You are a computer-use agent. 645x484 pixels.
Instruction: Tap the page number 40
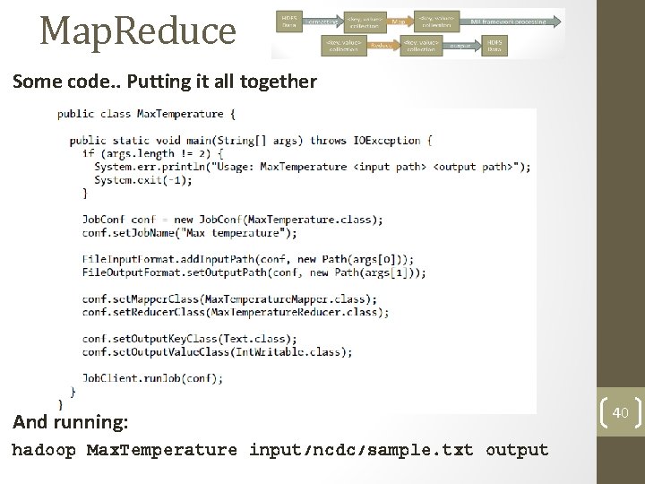point(621,412)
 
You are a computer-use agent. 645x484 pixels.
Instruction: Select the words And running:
point(70,421)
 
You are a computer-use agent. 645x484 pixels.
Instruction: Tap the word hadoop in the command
point(43,450)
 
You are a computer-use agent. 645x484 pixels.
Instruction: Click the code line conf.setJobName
point(189,233)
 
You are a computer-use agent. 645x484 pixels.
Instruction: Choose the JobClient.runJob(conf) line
point(152,377)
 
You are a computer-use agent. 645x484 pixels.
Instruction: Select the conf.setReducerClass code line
point(235,312)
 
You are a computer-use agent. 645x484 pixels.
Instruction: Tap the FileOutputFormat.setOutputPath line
point(254,272)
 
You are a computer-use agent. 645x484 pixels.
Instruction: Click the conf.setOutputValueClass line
point(217,351)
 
